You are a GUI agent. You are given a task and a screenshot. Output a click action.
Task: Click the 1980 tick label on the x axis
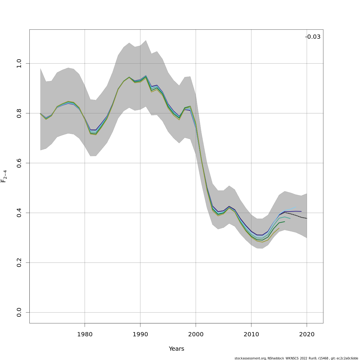(85, 334)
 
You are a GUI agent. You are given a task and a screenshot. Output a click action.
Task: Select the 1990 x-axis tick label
(140, 334)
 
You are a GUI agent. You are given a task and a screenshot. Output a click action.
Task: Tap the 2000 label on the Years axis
(196, 334)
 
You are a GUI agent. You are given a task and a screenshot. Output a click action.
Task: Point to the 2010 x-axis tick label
(251, 334)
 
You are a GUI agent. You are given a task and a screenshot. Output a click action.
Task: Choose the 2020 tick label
(307, 334)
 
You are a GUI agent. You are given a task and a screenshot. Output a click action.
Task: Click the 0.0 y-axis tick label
(19, 312)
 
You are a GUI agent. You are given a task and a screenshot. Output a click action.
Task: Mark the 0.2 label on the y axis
(19, 262)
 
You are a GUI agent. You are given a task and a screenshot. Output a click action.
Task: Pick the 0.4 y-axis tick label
(19, 213)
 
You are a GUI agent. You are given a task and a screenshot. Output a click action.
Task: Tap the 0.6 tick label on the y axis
(19, 163)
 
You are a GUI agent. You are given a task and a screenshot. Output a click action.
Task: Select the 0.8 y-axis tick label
(19, 113)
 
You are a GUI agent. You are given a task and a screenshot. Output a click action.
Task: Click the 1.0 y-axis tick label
(19, 63)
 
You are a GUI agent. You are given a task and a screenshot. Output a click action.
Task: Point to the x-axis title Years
(176, 349)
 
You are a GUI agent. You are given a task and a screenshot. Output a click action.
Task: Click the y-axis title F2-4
(4, 176)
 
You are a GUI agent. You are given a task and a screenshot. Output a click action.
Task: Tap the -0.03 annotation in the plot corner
(313, 37)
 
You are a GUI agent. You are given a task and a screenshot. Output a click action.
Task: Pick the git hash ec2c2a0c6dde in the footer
(348, 358)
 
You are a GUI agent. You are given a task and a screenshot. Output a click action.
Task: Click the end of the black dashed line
(307, 218)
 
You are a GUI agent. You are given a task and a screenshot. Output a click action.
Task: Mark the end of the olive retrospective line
(279, 228)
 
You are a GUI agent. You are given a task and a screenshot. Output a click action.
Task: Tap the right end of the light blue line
(295, 207)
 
